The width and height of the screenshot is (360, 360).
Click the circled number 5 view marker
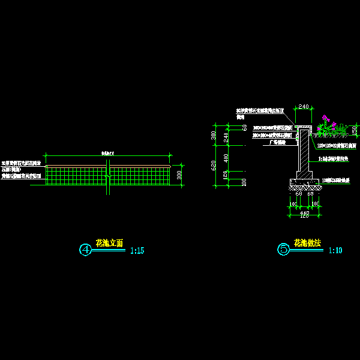tap(284, 248)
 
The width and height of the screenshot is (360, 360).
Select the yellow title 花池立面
tap(109, 243)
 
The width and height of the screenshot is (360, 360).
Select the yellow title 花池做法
tap(307, 243)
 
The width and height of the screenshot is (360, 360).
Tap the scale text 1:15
tap(137, 251)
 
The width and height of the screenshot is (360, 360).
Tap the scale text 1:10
tap(335, 251)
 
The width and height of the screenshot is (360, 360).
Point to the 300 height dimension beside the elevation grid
tap(179, 175)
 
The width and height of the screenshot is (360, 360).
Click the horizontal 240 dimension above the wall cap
tap(303, 107)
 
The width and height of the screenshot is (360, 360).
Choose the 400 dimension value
tap(226, 158)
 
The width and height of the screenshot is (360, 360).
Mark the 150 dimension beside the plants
tap(354, 130)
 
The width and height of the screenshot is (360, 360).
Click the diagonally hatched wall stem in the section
tap(304, 150)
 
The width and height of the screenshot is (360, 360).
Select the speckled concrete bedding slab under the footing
tap(303, 181)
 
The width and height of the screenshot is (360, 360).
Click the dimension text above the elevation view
tap(108, 154)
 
